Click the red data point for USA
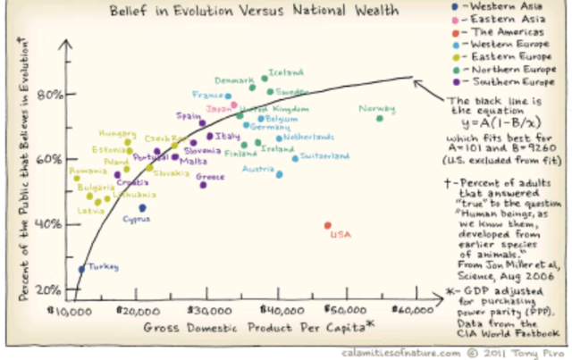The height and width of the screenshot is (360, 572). (328, 225)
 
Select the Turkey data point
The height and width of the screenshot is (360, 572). (81, 268)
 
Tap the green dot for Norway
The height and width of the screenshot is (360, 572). (380, 118)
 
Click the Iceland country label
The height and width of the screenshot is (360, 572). (287, 72)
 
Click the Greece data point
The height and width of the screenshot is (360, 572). (204, 184)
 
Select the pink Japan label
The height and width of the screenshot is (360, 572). (219, 109)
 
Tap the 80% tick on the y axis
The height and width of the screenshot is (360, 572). (48, 95)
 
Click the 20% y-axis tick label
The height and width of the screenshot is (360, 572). (48, 289)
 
